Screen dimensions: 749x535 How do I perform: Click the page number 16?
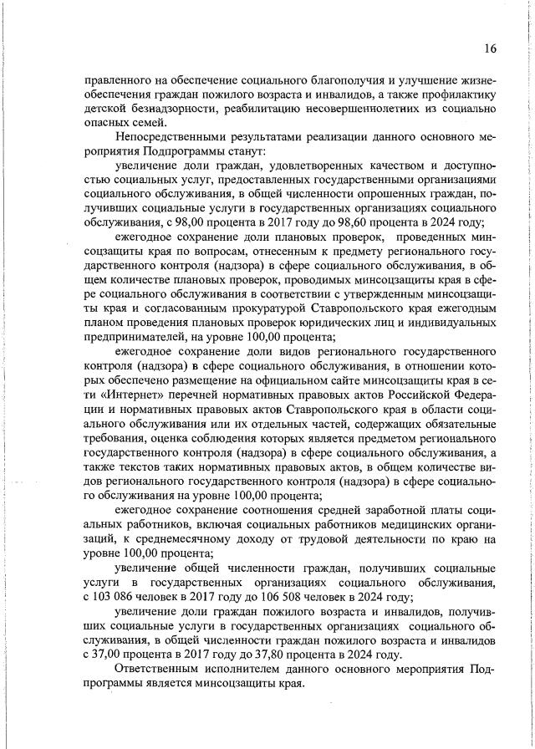pos(490,48)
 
